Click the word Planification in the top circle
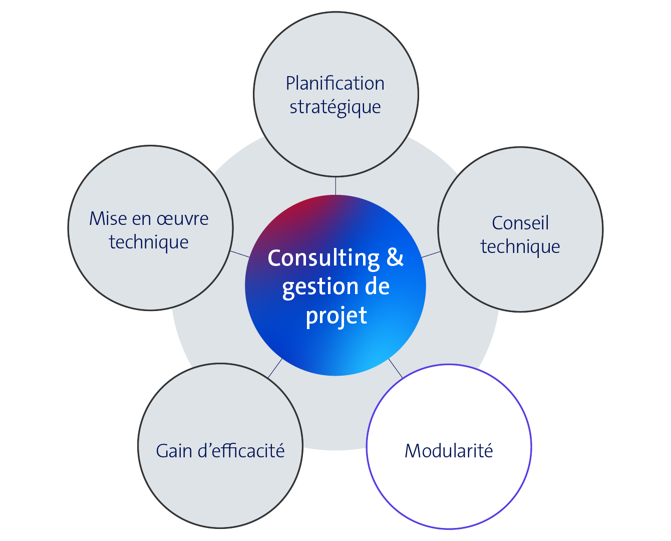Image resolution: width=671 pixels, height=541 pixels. [335, 84]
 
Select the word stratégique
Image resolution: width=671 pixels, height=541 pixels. [335, 107]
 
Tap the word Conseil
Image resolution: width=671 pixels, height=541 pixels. [520, 223]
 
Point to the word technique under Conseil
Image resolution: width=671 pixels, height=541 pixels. [520, 246]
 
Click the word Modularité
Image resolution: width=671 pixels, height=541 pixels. [449, 451]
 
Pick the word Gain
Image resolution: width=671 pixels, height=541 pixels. [174, 451]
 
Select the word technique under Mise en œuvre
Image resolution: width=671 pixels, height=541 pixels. [149, 242]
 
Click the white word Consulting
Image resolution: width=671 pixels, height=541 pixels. [323, 258]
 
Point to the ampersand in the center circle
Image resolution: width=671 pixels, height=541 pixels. [395, 257]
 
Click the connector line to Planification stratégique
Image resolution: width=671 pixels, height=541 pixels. [335, 185]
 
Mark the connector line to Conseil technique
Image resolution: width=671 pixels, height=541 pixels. [431, 254]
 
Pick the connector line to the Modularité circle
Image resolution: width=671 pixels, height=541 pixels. [396, 368]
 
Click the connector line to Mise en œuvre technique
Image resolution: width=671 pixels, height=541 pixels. [240, 254]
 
